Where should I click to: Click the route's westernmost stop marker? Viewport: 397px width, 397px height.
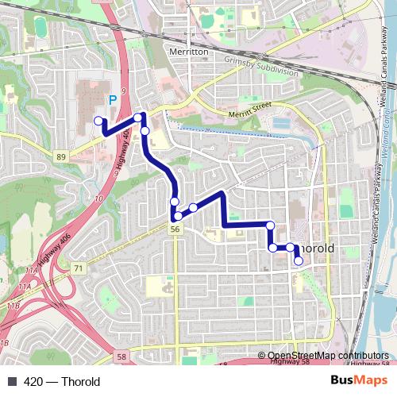(99, 121)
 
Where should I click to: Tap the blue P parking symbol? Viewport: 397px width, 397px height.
(112, 100)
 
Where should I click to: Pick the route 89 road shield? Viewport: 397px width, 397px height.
(61, 158)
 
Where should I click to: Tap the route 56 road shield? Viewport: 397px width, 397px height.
(173, 229)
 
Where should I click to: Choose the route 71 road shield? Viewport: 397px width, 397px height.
(78, 269)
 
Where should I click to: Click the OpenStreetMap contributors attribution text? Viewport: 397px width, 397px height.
(323, 355)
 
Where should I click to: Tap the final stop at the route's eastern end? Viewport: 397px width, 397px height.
(299, 260)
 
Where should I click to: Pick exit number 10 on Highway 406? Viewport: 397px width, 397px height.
(99, 198)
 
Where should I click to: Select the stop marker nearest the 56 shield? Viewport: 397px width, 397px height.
(179, 215)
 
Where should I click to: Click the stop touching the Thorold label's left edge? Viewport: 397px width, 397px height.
(291, 248)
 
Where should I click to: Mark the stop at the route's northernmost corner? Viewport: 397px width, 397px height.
(138, 118)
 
